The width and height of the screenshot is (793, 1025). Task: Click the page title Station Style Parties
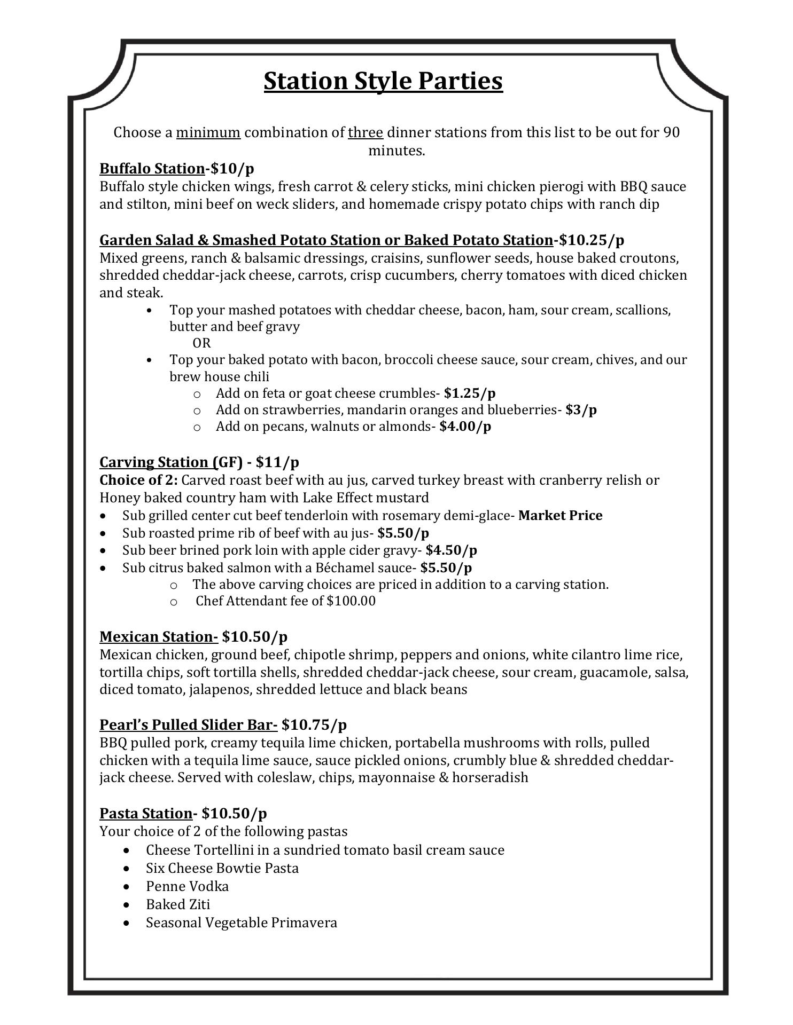383,81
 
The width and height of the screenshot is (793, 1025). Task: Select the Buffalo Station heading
152,169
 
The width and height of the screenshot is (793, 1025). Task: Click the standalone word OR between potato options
201,343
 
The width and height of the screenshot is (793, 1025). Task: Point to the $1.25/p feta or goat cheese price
470,393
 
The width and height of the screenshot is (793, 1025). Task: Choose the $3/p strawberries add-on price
581,410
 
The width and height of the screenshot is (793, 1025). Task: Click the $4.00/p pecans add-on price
465,427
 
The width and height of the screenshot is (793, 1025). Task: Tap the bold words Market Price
560,516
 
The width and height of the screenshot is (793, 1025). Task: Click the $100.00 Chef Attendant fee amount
351,601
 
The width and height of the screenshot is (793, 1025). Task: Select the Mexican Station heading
159,637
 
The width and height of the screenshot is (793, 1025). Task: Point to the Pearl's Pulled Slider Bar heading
188,725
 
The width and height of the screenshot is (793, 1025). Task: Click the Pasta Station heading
146,814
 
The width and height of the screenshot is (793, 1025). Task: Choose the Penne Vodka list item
187,887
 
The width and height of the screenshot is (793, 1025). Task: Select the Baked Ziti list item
178,905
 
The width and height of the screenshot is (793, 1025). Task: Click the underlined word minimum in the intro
208,132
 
